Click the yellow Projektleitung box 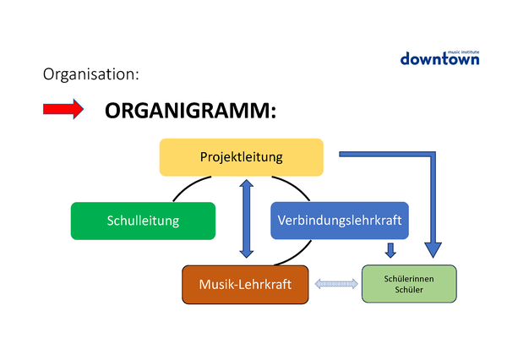tap(242, 157)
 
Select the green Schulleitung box tap(143, 221)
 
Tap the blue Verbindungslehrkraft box tap(340, 221)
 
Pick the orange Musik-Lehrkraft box tap(245, 285)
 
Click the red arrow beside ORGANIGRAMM tap(63, 109)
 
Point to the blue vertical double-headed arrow tap(246, 217)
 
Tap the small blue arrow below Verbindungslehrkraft tap(390, 250)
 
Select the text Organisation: tap(90, 74)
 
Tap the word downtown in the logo tap(439, 59)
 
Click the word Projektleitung tap(242, 157)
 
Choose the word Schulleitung tap(143, 221)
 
